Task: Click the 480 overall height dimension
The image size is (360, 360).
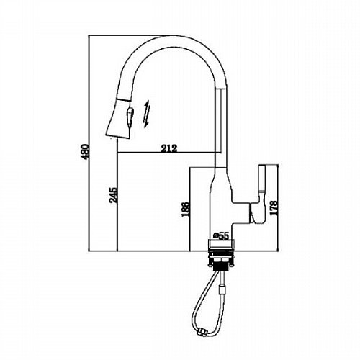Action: [85, 152]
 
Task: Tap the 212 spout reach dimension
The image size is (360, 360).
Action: [169, 148]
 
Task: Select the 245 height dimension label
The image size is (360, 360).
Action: [114, 195]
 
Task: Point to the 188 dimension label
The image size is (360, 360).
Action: [186, 210]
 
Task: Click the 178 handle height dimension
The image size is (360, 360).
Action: [274, 207]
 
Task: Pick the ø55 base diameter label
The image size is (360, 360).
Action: [220, 236]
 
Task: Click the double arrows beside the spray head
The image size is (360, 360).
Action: [147, 114]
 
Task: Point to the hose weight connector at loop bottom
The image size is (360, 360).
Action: [202, 333]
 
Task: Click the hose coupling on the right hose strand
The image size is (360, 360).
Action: [223, 290]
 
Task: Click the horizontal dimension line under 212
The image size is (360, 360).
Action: [169, 153]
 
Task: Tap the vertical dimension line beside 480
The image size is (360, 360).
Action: [89, 143]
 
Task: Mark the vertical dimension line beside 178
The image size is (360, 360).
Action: [278, 208]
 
